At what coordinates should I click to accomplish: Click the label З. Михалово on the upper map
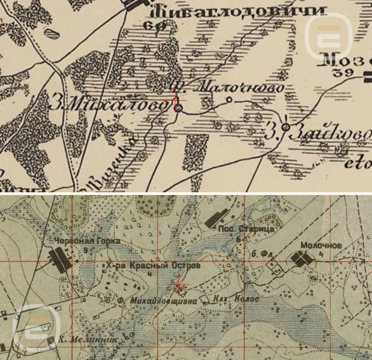click(108, 104)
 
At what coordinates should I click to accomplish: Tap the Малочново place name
click(241, 88)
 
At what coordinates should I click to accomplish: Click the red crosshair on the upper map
click(175, 100)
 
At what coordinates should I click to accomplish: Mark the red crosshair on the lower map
click(178, 284)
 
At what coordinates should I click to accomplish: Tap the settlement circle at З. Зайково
click(286, 126)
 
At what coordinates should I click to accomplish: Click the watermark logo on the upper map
click(328, 36)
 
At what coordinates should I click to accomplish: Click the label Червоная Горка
click(87, 241)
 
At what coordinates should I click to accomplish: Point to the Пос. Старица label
click(246, 229)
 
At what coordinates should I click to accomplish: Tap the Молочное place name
click(321, 246)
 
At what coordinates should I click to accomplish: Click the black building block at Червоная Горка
click(60, 259)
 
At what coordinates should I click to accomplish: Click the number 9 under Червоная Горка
click(86, 250)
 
